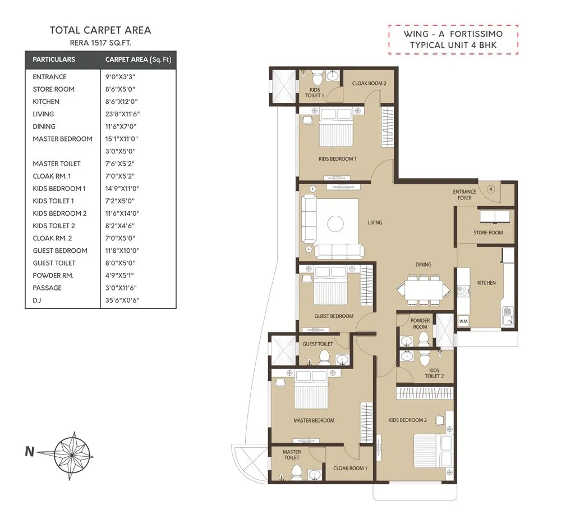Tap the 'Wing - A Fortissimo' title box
point(453,39)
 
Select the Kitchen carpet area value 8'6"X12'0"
point(121,102)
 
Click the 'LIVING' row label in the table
point(43,114)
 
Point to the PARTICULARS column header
point(54,60)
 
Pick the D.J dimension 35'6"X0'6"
point(122,300)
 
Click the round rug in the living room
point(335,224)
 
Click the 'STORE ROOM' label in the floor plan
point(487,233)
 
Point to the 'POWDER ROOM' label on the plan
point(420,324)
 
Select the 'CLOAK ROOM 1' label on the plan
point(350,468)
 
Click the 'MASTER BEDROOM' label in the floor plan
point(314,420)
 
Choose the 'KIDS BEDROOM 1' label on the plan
point(337,159)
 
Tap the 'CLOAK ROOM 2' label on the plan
point(369,83)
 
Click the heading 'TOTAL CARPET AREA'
point(100,30)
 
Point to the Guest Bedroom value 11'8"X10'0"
point(121,251)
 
